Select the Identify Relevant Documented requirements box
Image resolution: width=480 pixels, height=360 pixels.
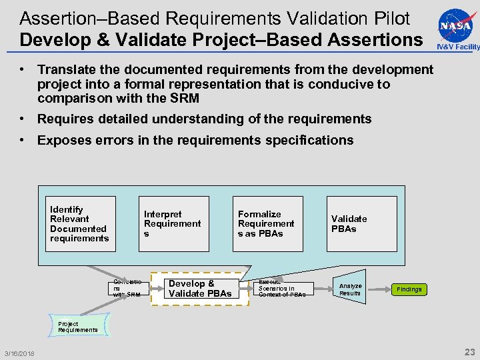(x=80, y=224)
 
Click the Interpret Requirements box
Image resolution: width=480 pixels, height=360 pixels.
(x=173, y=224)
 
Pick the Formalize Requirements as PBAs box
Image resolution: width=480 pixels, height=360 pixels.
(x=267, y=224)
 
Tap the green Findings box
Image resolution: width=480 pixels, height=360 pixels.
(x=409, y=289)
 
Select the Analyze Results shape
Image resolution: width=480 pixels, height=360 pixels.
(x=351, y=289)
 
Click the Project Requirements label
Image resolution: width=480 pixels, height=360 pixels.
(x=77, y=327)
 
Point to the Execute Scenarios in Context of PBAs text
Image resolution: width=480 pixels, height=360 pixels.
(x=281, y=289)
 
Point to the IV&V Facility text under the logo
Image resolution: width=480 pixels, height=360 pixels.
(x=457, y=47)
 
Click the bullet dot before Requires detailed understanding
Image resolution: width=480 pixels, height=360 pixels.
(x=23, y=119)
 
